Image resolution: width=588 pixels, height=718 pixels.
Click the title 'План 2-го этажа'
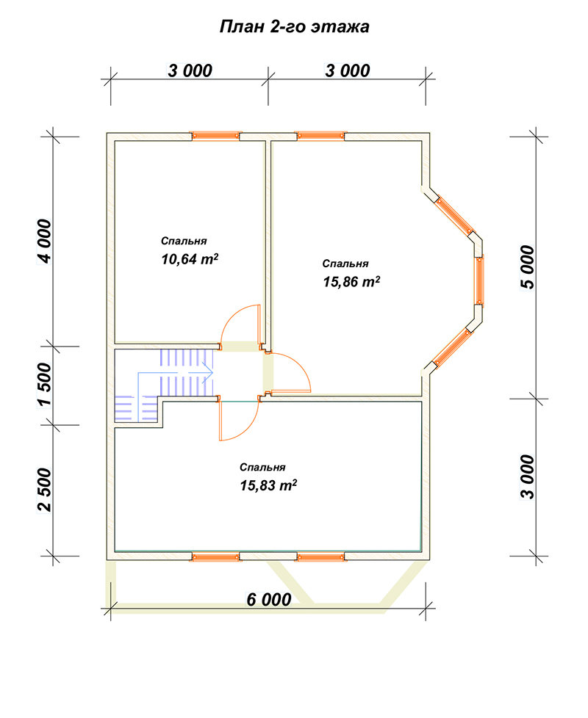pos(294,26)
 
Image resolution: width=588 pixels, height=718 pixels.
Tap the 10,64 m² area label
pos(190,258)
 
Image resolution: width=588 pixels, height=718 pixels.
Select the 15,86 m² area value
pos(351,281)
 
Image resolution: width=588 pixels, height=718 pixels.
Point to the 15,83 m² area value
pos(268,485)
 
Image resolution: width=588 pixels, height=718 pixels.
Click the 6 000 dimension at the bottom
pos(268,599)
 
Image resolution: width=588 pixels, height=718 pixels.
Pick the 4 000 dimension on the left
pos(45,242)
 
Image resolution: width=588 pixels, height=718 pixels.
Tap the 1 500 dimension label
pos(45,385)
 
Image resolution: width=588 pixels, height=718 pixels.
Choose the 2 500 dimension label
pos(45,490)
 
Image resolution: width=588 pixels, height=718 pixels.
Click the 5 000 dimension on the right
pos(528,267)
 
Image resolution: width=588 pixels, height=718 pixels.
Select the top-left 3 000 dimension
pos(190,71)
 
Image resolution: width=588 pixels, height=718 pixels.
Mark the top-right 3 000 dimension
pos(348,71)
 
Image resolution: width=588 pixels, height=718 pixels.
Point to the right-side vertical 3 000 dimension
pos(528,476)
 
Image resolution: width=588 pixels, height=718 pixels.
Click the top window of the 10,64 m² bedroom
pos(215,136)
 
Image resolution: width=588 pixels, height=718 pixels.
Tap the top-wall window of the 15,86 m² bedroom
pos(320,136)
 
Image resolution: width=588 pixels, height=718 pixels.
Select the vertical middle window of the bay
pos(479,280)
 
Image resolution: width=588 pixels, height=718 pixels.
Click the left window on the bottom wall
pos(215,556)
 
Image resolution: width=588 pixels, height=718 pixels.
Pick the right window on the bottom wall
pos(320,556)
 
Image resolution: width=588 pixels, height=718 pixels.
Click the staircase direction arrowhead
pos(209,373)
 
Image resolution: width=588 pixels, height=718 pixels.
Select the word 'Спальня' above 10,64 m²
pos(184,241)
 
